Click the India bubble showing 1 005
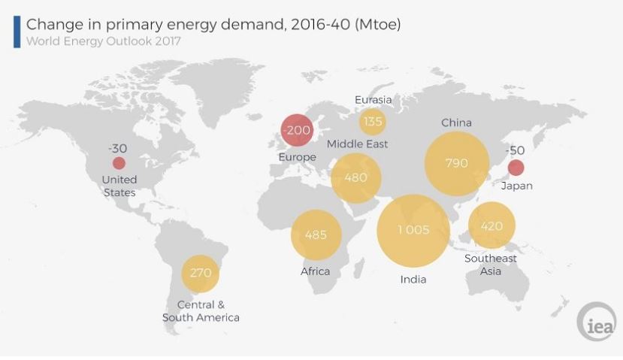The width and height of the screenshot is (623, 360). click(413, 231)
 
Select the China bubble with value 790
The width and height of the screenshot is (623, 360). click(456, 163)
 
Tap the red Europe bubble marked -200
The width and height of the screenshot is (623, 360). click(296, 131)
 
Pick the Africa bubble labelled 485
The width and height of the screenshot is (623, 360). click(316, 234)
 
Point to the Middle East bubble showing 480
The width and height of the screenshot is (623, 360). click(356, 178)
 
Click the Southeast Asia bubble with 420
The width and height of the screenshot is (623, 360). click(491, 225)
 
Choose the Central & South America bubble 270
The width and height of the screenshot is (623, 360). click(201, 273)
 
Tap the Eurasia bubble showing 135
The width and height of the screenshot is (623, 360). click(373, 120)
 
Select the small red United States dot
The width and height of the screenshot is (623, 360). click(119, 163)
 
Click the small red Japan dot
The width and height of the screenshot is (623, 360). click(516, 168)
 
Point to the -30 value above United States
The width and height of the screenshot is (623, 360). click(117, 148)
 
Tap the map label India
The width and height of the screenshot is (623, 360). click(413, 280)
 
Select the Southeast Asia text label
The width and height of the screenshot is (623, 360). click(491, 265)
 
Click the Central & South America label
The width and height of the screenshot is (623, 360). click(201, 311)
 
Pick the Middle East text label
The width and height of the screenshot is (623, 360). click(357, 144)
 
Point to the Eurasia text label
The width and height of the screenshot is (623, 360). click(373, 99)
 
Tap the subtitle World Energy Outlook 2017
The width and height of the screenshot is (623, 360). click(103, 41)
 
